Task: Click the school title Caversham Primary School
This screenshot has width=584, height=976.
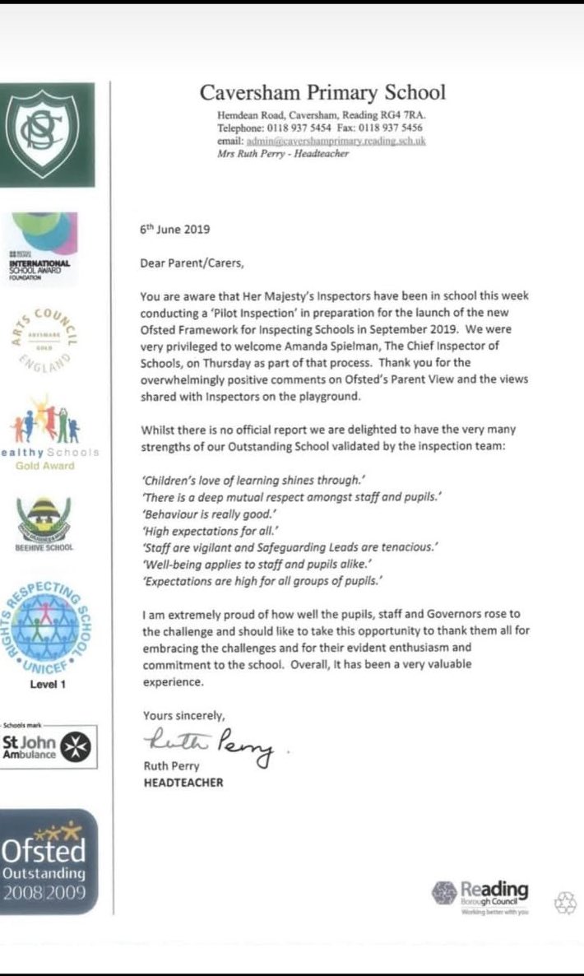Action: point(322,91)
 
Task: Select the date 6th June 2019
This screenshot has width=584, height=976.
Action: point(176,231)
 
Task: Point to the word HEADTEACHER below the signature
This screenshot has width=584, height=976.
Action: point(183,782)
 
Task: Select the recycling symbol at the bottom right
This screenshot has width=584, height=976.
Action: point(565,903)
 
